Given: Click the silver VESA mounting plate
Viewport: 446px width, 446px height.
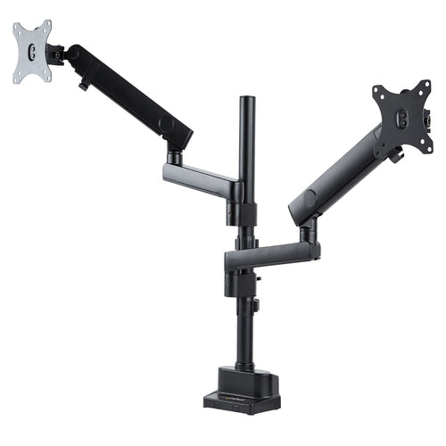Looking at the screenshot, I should click(x=31, y=53).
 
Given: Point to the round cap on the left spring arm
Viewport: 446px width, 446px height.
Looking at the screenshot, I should click(x=166, y=121).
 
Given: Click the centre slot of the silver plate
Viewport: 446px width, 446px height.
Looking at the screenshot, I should click(x=30, y=53).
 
